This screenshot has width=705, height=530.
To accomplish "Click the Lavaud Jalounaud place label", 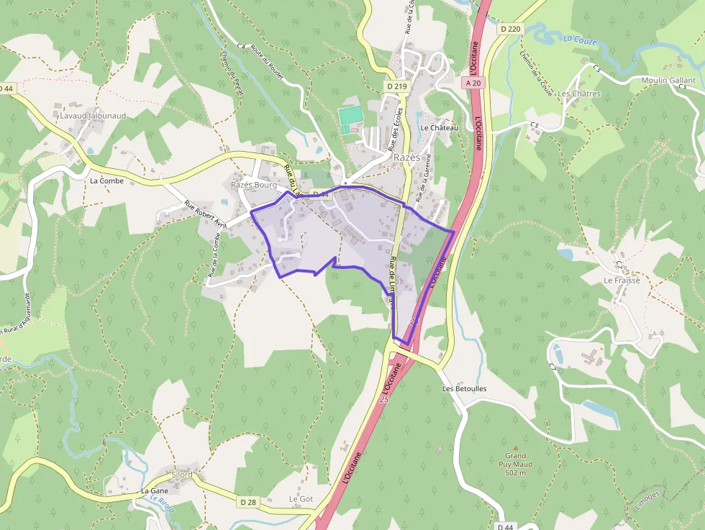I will pyautogui.click(x=94, y=115).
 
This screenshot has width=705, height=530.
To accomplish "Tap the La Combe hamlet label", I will pyautogui.click(x=106, y=181).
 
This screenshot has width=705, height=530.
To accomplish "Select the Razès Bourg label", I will pyautogui.click(x=254, y=185).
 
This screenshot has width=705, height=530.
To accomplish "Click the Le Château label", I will pyautogui.click(x=439, y=127).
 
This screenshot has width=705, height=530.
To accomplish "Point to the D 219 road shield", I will pyautogui.click(x=396, y=86).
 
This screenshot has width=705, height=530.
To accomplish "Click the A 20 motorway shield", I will pyautogui.click(x=473, y=83).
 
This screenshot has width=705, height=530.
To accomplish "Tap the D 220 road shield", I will pyautogui.click(x=509, y=29).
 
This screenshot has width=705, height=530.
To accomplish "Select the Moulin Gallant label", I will pyautogui.click(x=668, y=81).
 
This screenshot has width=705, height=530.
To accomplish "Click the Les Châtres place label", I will pyautogui.click(x=578, y=93).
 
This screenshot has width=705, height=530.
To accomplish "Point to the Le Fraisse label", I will pyautogui.click(x=622, y=280).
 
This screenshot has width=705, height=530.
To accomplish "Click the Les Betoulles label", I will pyautogui.click(x=464, y=389).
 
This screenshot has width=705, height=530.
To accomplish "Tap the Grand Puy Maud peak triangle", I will pyautogui.click(x=515, y=446).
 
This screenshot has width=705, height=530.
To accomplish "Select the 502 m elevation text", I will pyautogui.click(x=516, y=472).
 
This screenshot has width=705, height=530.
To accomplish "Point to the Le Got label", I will pyautogui.click(x=301, y=498).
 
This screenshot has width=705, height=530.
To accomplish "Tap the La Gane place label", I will pyautogui.click(x=154, y=491).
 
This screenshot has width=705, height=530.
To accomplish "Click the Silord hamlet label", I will pyautogui.click(x=182, y=475).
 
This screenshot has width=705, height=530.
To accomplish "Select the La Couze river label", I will pyautogui.click(x=581, y=40).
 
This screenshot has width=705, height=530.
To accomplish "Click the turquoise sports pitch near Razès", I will pyautogui.click(x=350, y=115).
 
